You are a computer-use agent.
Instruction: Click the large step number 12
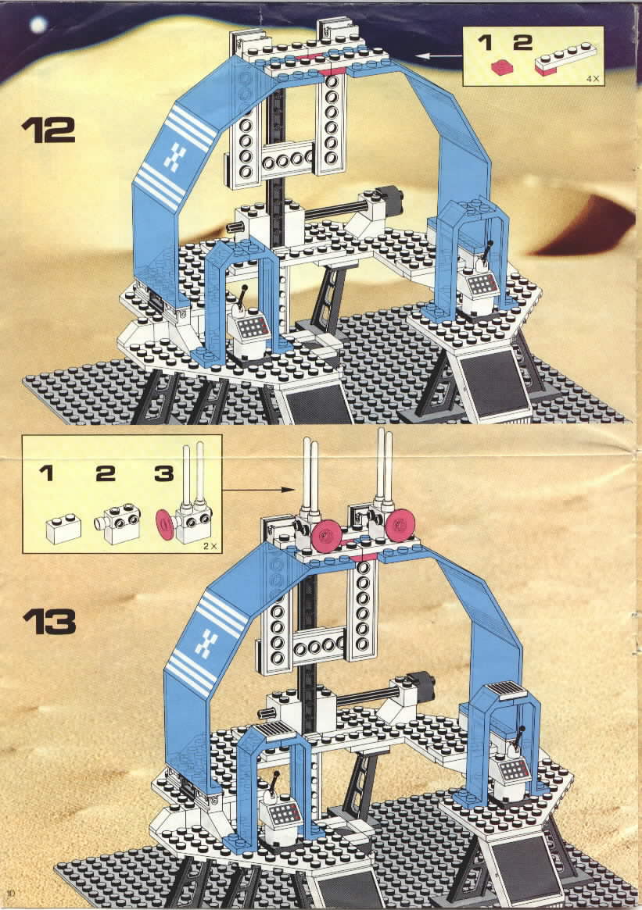click(x=48, y=130)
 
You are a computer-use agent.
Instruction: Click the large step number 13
click(x=49, y=622)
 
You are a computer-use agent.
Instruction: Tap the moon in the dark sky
click(x=38, y=23)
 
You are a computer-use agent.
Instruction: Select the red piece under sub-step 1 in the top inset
click(x=501, y=66)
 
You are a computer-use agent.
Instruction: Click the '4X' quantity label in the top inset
click(x=592, y=78)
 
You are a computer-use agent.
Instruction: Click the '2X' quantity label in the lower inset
click(x=210, y=546)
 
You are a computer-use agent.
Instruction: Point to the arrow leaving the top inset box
click(x=439, y=56)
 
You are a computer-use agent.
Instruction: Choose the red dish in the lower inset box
click(x=165, y=525)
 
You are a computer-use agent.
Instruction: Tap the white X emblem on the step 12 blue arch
click(x=173, y=156)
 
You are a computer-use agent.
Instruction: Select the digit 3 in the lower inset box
click(x=164, y=473)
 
